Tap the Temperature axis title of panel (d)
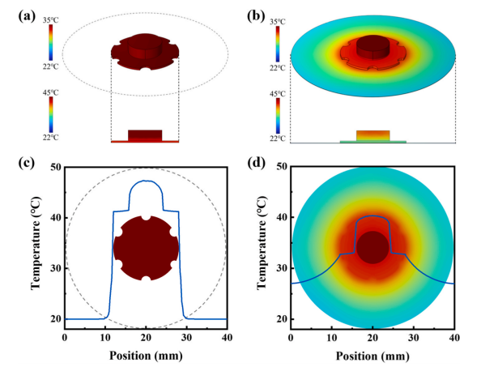(262, 243)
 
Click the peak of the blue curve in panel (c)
(146, 181)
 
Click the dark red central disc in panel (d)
(372, 247)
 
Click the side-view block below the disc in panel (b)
(372, 134)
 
